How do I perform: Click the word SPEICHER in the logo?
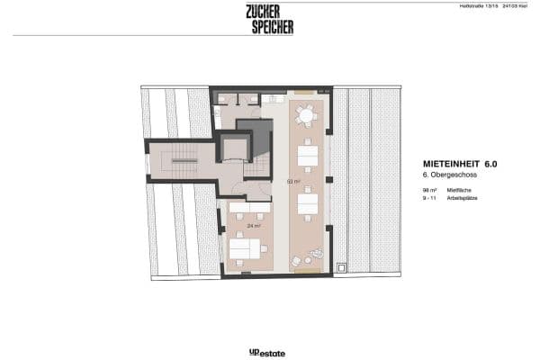point(272,27)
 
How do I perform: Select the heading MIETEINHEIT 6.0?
point(460,165)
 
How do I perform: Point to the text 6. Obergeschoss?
point(446,177)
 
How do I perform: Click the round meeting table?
point(307,116)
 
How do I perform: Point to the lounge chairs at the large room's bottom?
point(309,257)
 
